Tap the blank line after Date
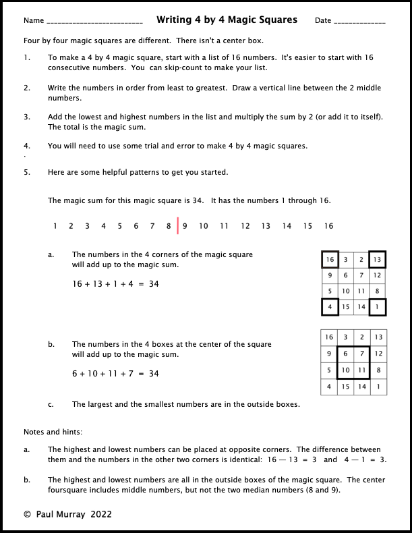pyautogui.click(x=360, y=23)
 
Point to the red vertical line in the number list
pyautogui.click(x=178, y=226)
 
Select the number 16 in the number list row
pyautogui.click(x=328, y=227)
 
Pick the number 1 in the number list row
pyautogui.click(x=55, y=227)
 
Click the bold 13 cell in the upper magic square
pyautogui.click(x=378, y=260)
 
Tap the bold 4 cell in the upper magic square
pyautogui.click(x=329, y=306)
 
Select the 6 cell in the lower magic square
pyautogui.click(x=345, y=353)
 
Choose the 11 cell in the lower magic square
pyautogui.click(x=361, y=370)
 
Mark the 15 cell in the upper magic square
pyautogui.click(x=345, y=306)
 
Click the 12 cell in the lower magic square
pyautogui.click(x=378, y=353)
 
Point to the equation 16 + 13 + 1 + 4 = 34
pyautogui.click(x=115, y=284)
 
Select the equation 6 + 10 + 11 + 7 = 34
pyautogui.click(x=115, y=374)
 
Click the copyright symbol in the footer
pyautogui.click(x=27, y=514)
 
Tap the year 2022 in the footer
pyautogui.click(x=98, y=514)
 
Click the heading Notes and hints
pyautogui.click(x=53, y=432)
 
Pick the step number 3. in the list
pyautogui.click(x=27, y=117)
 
